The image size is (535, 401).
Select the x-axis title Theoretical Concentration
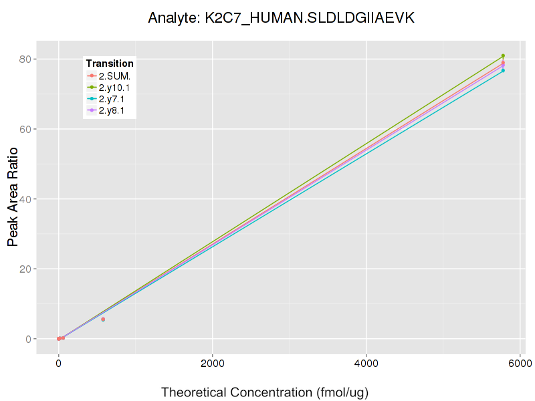coord(265,392)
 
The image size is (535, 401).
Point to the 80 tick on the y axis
coord(31,59)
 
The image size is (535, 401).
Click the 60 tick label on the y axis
coord(31,129)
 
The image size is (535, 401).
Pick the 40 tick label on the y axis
coord(31,199)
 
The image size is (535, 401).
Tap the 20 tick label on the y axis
coord(31,269)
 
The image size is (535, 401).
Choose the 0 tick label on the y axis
coord(33,339)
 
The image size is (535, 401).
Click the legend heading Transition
coord(110,63)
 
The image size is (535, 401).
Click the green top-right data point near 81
coord(503,55)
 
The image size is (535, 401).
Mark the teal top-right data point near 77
coord(503,70)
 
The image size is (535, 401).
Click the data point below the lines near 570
coord(102,319)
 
